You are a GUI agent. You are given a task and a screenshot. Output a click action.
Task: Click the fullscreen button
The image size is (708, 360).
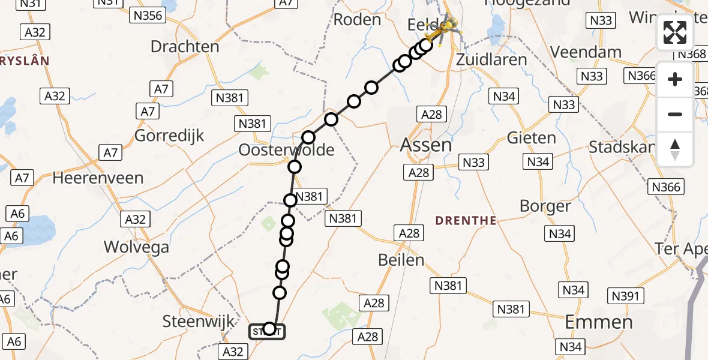click(675, 32)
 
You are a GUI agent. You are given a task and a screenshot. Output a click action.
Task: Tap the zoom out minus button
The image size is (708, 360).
click(675, 114)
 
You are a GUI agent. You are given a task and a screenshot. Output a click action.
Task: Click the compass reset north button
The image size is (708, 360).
click(675, 149)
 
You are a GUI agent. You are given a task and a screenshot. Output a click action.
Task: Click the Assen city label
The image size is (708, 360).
click(426, 145)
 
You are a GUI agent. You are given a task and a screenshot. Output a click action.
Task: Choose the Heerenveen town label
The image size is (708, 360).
click(98, 178)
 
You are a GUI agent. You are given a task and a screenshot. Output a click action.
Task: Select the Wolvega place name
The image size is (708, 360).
click(136, 247)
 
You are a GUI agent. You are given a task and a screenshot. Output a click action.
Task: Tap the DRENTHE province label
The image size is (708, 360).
click(466, 221)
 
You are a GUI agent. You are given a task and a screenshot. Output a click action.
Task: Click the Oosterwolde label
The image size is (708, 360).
click(286, 150)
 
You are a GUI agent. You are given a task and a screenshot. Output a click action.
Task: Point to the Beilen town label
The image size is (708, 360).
click(401, 260)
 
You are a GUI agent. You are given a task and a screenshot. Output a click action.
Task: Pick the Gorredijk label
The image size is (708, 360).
click(169, 136)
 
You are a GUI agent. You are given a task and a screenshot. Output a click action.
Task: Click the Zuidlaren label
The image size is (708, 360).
click(491, 59)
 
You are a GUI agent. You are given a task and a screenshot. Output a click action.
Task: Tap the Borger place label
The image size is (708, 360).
click(545, 206)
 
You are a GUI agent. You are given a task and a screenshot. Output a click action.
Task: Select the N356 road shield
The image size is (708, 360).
click(148, 16)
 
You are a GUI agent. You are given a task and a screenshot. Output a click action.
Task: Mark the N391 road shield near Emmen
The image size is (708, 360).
click(628, 295)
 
